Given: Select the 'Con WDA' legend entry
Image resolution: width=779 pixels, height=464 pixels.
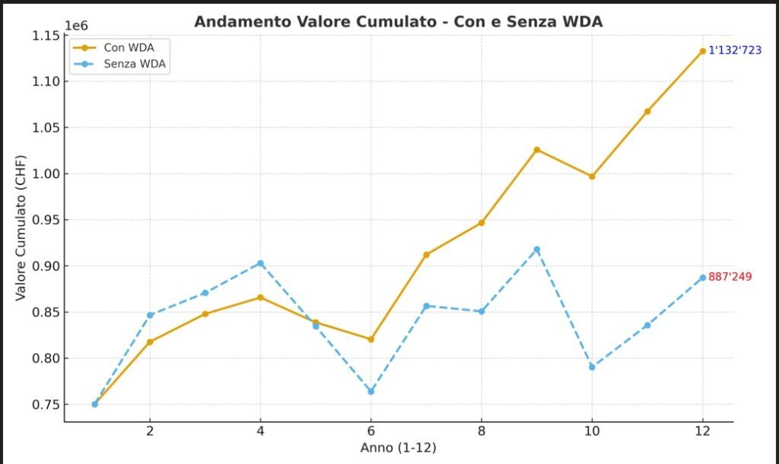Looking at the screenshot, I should tap(129, 47).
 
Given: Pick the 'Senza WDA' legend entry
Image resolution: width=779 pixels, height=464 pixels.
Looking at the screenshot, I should tap(135, 64).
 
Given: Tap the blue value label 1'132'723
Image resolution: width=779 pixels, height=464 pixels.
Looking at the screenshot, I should tap(734, 51).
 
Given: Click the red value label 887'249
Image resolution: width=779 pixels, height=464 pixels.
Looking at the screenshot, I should tap(730, 277).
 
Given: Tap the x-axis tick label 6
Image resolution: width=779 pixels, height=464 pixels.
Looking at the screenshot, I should tap(370, 431).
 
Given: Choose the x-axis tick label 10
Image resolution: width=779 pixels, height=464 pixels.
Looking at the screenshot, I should tap(592, 431).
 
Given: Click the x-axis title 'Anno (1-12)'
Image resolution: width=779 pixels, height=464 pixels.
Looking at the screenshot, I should tap(398, 448).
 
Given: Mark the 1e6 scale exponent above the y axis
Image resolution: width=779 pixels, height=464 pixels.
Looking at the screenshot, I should tap(76, 25).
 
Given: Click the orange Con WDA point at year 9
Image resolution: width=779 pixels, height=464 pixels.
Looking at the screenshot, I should tap(537, 149).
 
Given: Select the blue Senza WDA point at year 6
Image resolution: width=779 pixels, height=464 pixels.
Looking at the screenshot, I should tap(371, 392).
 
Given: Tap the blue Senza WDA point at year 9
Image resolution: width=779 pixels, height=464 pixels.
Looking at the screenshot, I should tap(537, 249).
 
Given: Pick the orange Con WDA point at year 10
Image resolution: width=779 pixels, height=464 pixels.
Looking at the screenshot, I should tap(592, 176).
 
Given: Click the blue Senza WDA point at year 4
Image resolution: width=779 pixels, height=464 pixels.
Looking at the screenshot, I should tap(260, 263).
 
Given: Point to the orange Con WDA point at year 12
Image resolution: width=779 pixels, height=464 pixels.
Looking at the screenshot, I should tap(703, 51).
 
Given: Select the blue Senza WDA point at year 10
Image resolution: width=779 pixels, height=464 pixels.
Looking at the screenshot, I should tap(592, 367).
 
